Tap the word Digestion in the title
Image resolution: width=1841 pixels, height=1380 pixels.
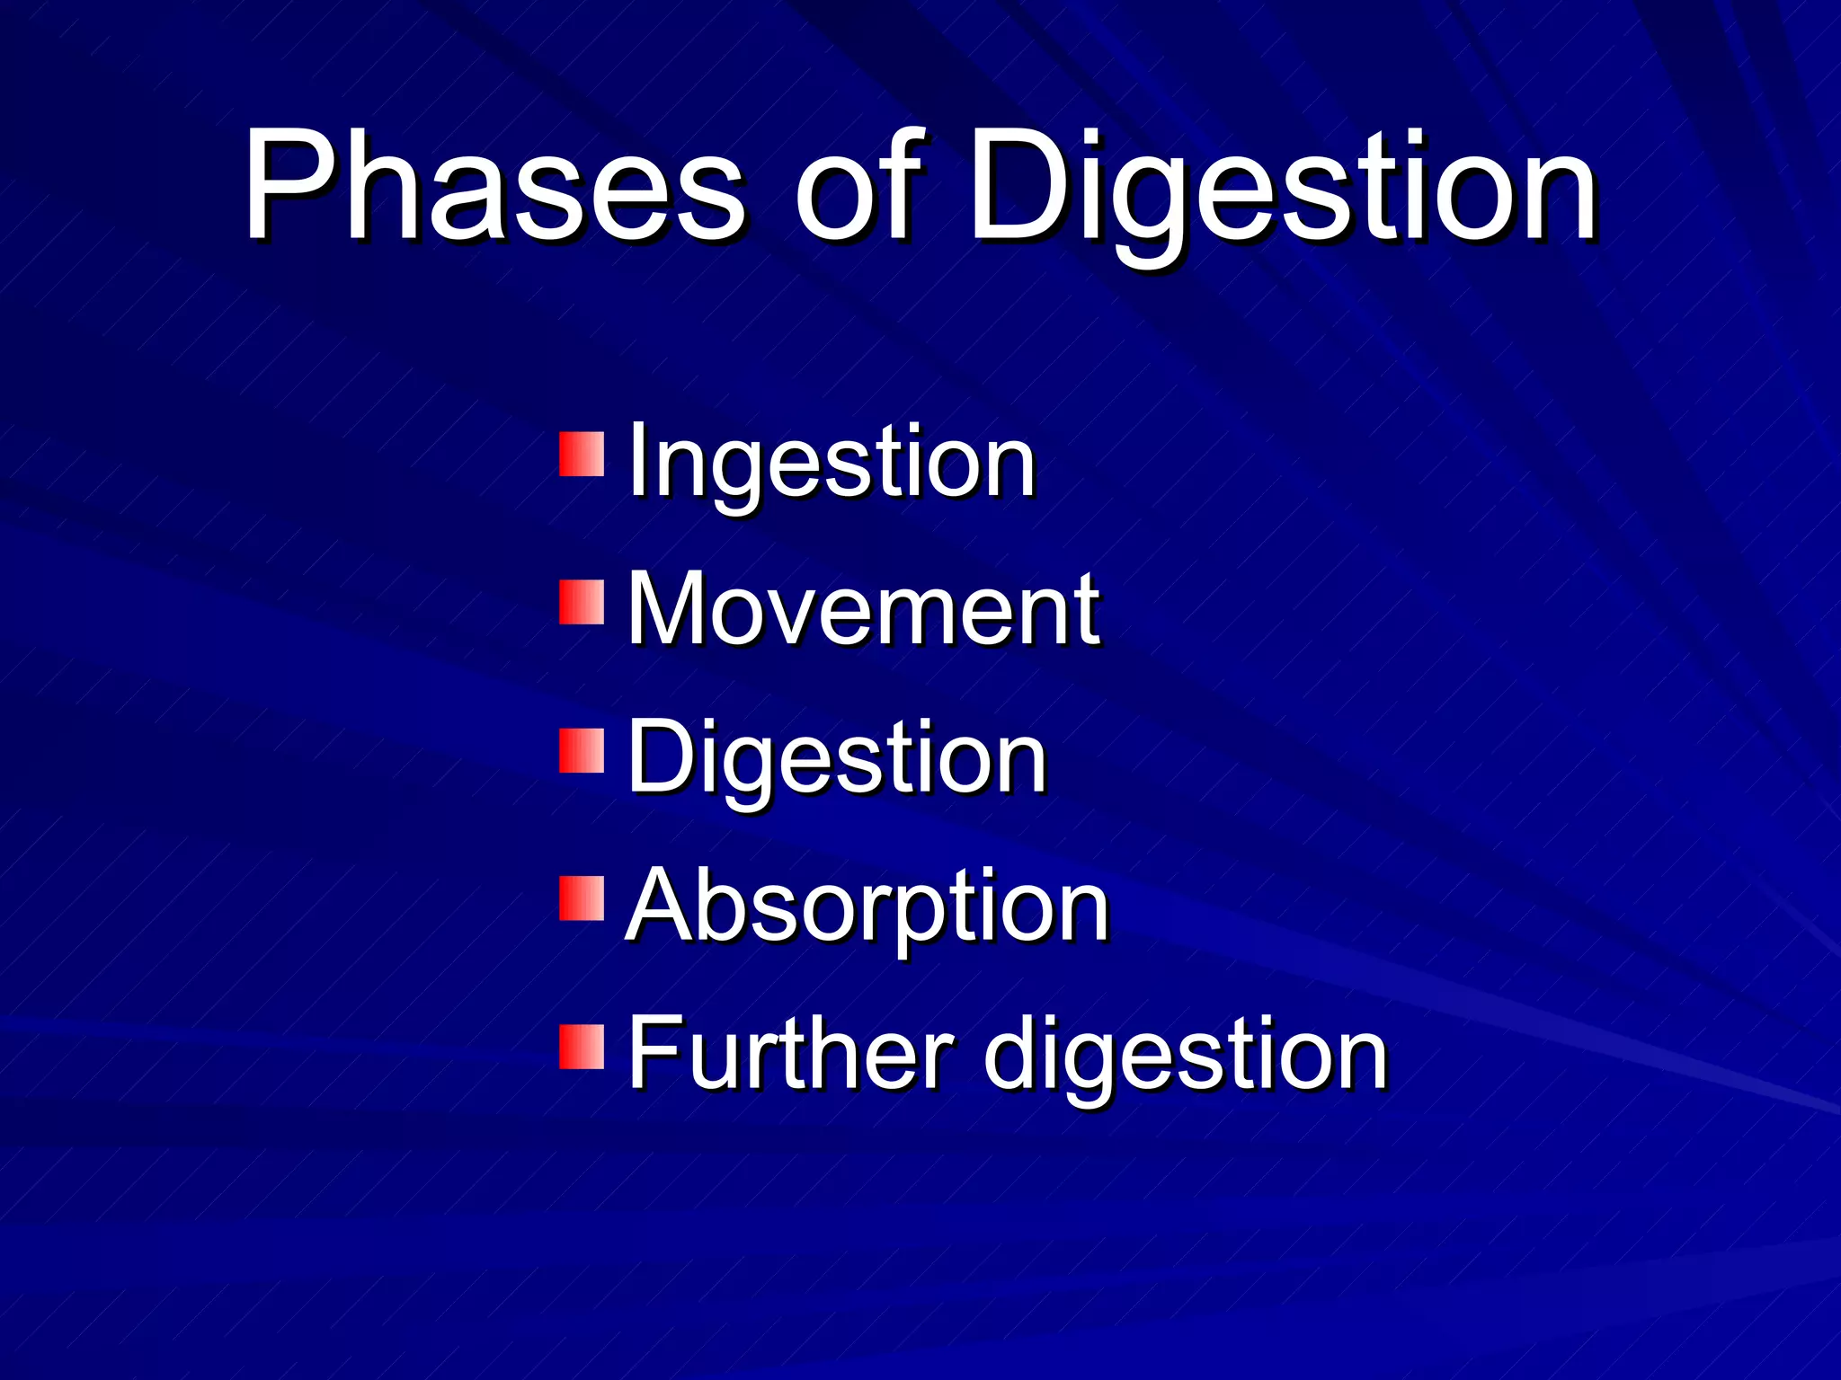[1281, 193]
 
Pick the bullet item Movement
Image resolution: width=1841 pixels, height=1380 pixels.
[863, 611]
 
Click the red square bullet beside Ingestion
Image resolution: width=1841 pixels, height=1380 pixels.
[582, 455]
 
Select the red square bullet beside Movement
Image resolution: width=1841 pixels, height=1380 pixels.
[582, 602]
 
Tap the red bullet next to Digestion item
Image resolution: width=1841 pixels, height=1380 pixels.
[582, 751]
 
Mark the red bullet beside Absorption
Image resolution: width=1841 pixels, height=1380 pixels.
[582, 898]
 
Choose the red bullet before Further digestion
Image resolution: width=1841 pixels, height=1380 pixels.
[582, 1047]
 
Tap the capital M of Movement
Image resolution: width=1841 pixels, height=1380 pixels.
[670, 608]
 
